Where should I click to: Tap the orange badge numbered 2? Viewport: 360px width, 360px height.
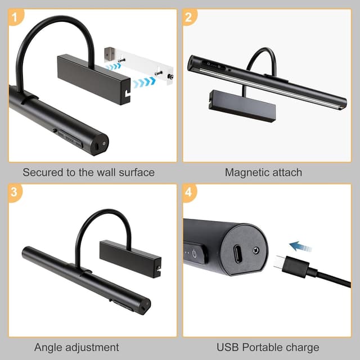tap(188, 17)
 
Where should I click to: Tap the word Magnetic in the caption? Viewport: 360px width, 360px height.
tap(246, 173)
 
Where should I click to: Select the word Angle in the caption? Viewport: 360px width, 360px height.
tap(47, 348)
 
